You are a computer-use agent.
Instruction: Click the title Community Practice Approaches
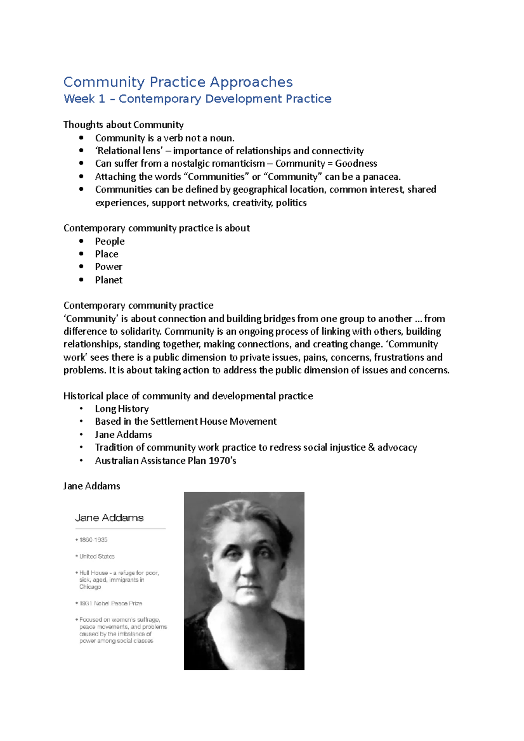point(178,82)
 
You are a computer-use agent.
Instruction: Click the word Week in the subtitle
point(79,99)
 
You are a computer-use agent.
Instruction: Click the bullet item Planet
point(109,280)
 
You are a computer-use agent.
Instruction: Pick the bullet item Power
point(109,267)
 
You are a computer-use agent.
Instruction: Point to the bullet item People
point(110,241)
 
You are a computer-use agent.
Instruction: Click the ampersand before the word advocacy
point(371,448)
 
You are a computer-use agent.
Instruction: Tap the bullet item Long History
point(122,409)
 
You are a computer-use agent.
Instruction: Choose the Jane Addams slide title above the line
point(109,518)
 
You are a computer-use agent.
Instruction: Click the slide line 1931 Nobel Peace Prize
point(111,604)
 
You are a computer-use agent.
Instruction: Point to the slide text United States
point(97,556)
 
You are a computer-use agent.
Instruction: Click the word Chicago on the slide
point(90,587)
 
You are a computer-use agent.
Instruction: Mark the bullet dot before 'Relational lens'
point(81,151)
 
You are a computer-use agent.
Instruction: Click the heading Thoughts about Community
point(123,125)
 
